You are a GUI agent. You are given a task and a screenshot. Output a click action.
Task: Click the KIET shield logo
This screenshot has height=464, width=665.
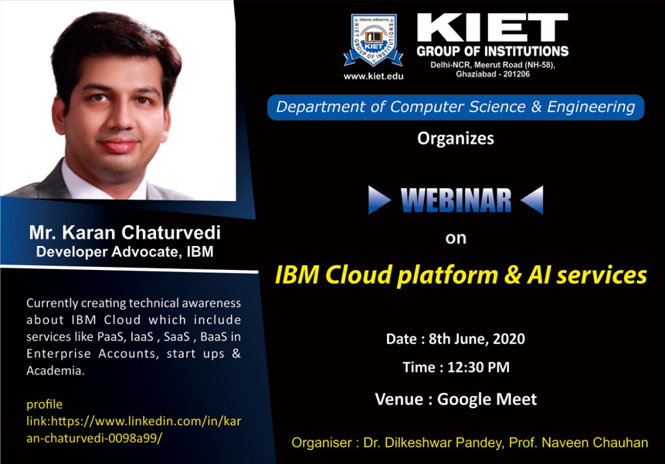click(373, 40)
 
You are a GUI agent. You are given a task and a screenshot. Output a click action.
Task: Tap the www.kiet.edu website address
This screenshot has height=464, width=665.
click(373, 77)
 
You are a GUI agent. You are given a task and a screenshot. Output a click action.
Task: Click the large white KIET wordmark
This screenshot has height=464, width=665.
click(493, 27)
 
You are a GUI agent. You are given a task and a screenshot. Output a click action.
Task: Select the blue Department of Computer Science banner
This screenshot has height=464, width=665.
click(456, 107)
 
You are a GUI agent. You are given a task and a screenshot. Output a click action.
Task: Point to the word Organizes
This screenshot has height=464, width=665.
click(456, 139)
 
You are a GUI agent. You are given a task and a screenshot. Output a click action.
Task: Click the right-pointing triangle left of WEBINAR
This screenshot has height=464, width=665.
click(379, 200)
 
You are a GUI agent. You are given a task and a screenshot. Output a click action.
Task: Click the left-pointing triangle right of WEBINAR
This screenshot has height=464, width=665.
click(532, 200)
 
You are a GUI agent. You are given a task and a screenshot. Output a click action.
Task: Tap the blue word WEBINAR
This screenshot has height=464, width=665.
click(456, 200)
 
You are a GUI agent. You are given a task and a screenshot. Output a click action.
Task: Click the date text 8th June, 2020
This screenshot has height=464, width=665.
click(477, 339)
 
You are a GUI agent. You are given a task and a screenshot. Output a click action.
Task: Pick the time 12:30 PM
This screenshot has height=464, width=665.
click(478, 367)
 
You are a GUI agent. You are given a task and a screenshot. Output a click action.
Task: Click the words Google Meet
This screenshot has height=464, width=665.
click(487, 400)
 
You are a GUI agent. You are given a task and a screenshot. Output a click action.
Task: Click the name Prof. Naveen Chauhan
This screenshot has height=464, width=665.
click(578, 443)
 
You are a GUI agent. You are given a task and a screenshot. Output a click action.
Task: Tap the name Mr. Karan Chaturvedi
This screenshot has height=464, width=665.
click(124, 233)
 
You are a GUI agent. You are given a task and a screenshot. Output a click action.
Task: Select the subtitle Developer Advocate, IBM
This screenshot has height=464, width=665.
click(124, 252)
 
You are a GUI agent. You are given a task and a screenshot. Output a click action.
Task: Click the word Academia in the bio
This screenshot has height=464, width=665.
click(56, 370)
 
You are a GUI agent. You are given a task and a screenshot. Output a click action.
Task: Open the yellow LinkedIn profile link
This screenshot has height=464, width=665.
click(134, 421)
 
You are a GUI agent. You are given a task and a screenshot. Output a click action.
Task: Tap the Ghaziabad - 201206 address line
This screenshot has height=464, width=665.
click(493, 74)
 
